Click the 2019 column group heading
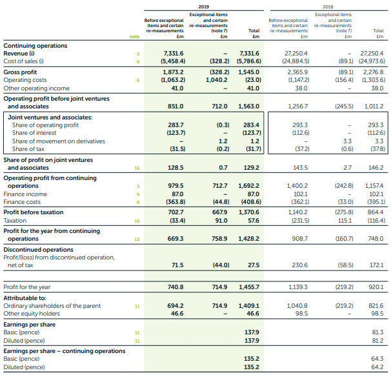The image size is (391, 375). pyautogui.click(x=204, y=6)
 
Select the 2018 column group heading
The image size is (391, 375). pyautogui.click(x=328, y=6)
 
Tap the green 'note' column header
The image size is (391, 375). pyautogui.click(x=134, y=37)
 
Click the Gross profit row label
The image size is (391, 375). pyautogui.click(x=20, y=72)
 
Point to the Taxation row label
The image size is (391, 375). pyautogui.click(x=15, y=221)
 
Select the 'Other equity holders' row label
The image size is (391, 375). pyautogui.click(x=32, y=314)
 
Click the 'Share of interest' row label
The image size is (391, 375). pyautogui.click(x=34, y=133)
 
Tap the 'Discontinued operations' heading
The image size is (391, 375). pyautogui.click(x=39, y=250)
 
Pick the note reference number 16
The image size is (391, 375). pyautogui.click(x=137, y=168)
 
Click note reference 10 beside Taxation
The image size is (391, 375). pyautogui.click(x=137, y=221)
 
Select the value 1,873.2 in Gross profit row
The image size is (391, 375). pyautogui.click(x=173, y=72)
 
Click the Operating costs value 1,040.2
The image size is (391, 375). pyautogui.click(x=216, y=80)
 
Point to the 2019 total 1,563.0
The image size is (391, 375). pyautogui.click(x=248, y=106)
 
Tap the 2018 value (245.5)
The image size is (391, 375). pyautogui.click(x=344, y=106)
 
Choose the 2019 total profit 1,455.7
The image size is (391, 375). pyautogui.click(x=249, y=287)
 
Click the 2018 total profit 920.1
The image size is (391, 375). pyautogui.click(x=376, y=287)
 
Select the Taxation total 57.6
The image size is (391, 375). pyautogui.click(x=254, y=221)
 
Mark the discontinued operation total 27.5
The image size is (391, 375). pyautogui.click(x=254, y=265)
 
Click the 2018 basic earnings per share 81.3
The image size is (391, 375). pyautogui.click(x=377, y=332)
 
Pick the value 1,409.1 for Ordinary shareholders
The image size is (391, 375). pyautogui.click(x=249, y=306)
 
